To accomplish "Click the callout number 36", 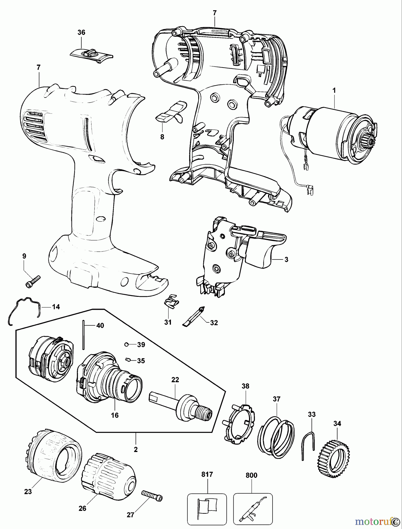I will coord(81,33).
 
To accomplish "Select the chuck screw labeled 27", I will coord(152,497).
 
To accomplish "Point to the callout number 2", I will coord(136,450).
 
